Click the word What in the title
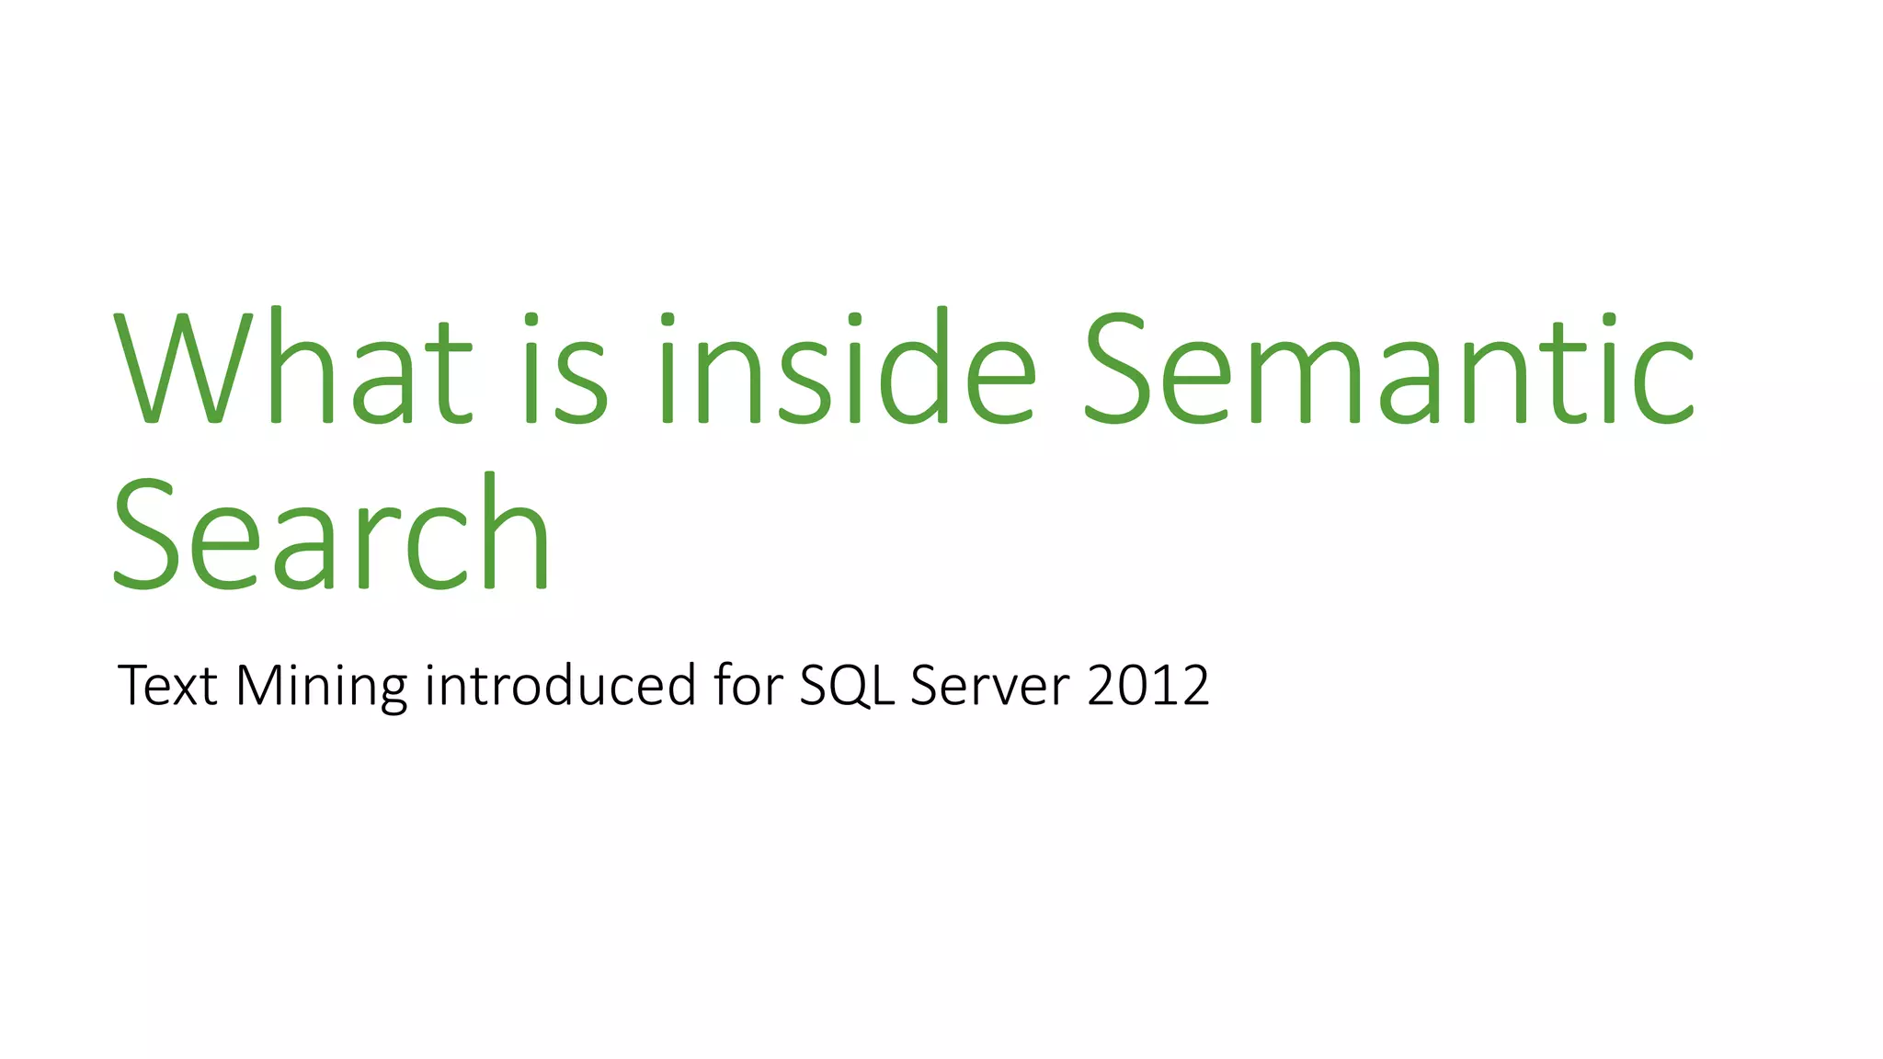click(x=292, y=368)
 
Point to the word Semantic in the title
click(x=1388, y=368)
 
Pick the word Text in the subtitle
click(x=167, y=686)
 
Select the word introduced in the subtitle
click(x=560, y=686)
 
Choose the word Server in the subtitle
click(x=990, y=686)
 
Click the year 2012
click(x=1148, y=686)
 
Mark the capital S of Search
click(x=145, y=533)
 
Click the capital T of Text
click(x=134, y=686)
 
